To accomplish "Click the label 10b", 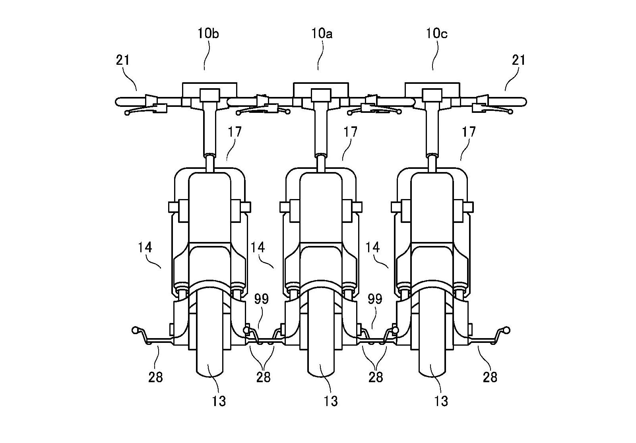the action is pos(208,34).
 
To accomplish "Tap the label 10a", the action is pos(322,34).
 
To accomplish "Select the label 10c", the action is pos(437,34).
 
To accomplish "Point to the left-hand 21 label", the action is pos(123,60).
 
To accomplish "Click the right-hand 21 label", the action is pos(518,60).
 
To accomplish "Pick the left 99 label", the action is pos(261,299).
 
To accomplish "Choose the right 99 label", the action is pos(375,299).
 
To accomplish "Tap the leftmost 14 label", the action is pos(145,248).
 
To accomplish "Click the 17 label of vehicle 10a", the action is pos(350,132).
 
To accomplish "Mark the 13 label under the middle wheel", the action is pos(330,401).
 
